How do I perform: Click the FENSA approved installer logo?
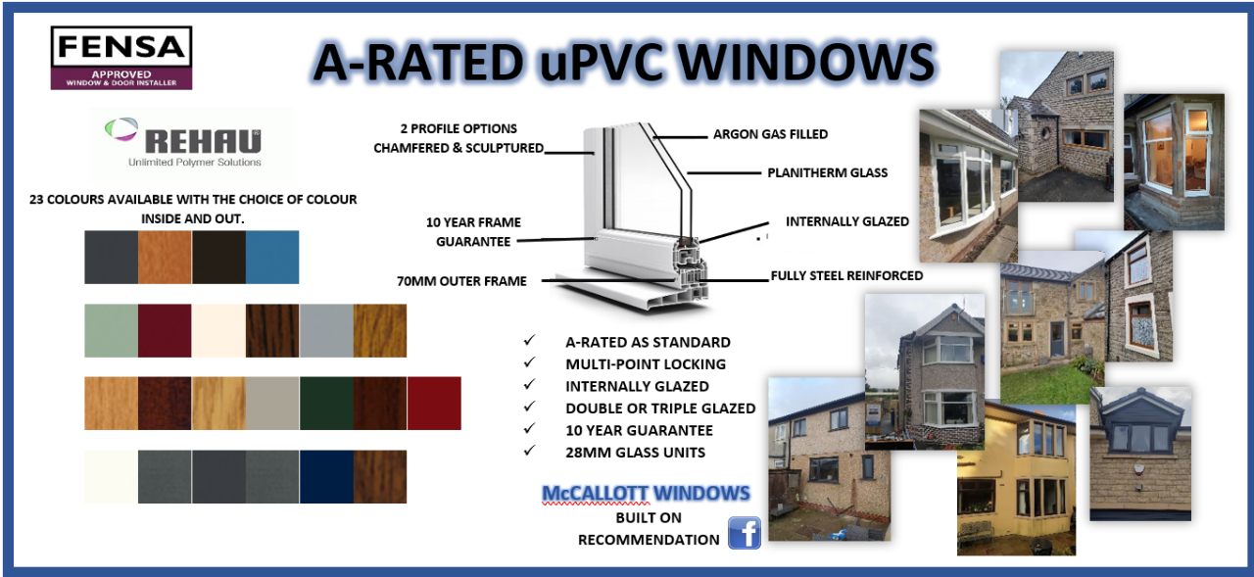click(121, 58)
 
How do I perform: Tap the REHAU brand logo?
click(191, 144)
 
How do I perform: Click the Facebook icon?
click(745, 533)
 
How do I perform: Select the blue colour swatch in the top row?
click(272, 257)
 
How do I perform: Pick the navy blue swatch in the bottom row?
click(326, 476)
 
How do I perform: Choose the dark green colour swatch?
click(326, 403)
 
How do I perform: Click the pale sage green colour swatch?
click(111, 330)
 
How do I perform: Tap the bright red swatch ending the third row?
click(434, 403)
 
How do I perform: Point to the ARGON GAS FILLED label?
click(770, 134)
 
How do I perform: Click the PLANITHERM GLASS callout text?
click(828, 173)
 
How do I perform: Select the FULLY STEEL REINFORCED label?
click(846, 276)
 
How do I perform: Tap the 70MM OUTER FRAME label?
click(461, 281)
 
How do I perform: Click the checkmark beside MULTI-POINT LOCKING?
click(530, 362)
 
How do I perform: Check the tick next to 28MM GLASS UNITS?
click(530, 451)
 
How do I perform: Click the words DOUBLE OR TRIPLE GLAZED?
click(660, 409)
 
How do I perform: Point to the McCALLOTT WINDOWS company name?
click(646, 493)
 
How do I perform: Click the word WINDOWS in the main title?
click(806, 62)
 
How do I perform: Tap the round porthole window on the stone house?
click(1044, 134)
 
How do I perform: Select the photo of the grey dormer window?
click(1140, 454)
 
